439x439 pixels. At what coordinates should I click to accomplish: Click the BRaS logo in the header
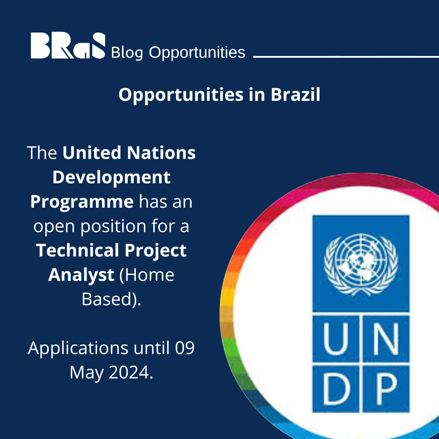[68, 46]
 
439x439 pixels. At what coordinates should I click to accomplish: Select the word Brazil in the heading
[295, 95]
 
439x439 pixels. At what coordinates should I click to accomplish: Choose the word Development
[111, 177]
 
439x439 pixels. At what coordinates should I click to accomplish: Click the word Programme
[82, 202]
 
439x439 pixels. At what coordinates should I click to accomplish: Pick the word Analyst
[81, 275]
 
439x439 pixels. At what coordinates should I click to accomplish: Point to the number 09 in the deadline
[185, 348]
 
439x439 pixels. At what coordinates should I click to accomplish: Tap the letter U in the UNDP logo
[336, 337]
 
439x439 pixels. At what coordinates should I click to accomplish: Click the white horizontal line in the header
[346, 57]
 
